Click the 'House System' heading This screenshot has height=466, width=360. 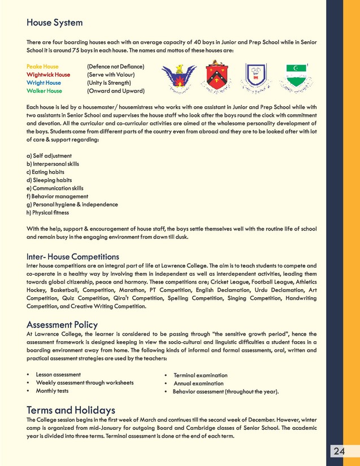click(x=55, y=23)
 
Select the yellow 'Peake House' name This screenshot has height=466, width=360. click(x=42, y=67)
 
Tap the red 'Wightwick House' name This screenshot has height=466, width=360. click(x=48, y=75)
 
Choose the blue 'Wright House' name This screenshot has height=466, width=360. click(x=44, y=82)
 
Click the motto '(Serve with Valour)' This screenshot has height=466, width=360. click(x=111, y=75)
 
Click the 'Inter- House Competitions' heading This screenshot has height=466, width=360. click(x=73, y=257)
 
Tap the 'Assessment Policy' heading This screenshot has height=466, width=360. click(x=62, y=325)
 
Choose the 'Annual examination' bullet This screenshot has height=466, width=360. click(x=198, y=383)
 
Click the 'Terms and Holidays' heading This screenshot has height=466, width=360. click(x=71, y=410)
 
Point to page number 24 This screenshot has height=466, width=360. click(x=339, y=451)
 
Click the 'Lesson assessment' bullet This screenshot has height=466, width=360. click(x=58, y=374)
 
